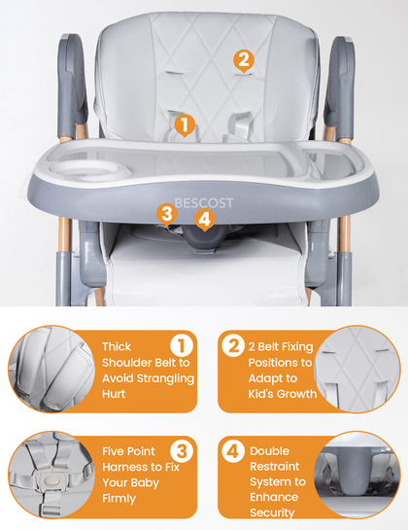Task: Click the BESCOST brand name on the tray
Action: click(x=204, y=203)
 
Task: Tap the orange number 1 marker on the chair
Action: click(x=185, y=125)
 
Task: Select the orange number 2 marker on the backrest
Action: click(x=243, y=61)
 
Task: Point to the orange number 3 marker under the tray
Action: click(x=167, y=215)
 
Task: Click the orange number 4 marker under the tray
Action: click(x=205, y=220)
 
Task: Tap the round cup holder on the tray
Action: click(x=89, y=169)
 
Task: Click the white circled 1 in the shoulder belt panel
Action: click(x=182, y=345)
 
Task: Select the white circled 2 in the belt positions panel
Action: click(x=233, y=345)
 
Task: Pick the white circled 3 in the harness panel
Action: click(x=182, y=450)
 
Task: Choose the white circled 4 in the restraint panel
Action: click(x=233, y=451)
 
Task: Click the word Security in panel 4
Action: click(x=272, y=512)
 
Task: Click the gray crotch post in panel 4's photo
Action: click(x=356, y=472)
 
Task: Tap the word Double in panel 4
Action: click(x=269, y=451)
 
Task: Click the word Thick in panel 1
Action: click(x=117, y=347)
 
